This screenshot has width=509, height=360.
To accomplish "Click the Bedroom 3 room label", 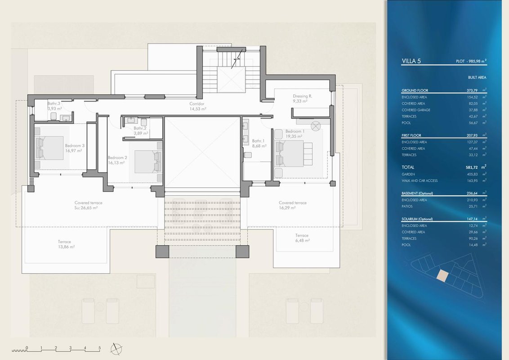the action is click(75, 145).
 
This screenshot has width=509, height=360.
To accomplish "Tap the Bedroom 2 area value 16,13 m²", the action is click(116, 163).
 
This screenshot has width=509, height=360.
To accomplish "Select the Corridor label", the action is click(197, 103).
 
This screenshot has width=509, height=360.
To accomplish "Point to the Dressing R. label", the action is click(302, 96).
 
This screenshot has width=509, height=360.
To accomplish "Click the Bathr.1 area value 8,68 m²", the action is click(259, 146).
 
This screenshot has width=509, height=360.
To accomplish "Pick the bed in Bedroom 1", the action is click(294, 153).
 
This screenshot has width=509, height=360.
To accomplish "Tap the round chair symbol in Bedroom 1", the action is click(316, 126).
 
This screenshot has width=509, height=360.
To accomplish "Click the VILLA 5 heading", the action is click(411, 61).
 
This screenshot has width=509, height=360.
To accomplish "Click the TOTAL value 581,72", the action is click(472, 167).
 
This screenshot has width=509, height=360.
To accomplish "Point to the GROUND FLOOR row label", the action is click(415, 90).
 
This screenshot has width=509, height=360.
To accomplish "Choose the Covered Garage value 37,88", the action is click(473, 110).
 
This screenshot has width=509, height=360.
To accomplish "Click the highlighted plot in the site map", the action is click(442, 275).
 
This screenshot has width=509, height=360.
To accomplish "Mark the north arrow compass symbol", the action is click(116, 349).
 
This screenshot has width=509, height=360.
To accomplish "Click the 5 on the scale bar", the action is click(100, 348).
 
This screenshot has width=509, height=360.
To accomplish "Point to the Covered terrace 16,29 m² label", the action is click(292, 205).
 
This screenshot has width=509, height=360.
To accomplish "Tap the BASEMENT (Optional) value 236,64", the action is click(472, 193).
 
